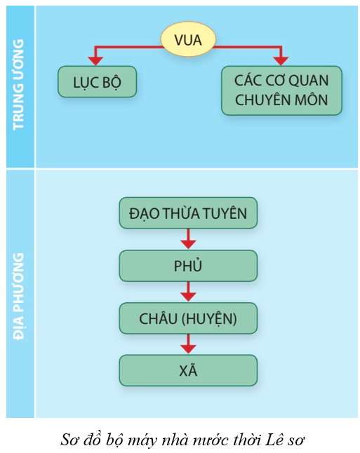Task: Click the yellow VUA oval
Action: pos(188,39)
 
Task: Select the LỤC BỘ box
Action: pos(97,82)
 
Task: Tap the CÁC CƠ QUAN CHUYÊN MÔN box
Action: pos(281,90)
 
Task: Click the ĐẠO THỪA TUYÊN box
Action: pos(188,213)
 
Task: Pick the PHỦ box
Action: pos(188,266)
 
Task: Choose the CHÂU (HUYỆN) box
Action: pos(188,318)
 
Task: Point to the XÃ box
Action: pos(188,371)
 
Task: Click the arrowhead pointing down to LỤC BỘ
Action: pos(95,61)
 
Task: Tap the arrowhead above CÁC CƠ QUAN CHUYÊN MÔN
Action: pos(281,61)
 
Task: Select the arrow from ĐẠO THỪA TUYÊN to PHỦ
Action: pos(188,239)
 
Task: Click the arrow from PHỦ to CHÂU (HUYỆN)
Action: pos(188,292)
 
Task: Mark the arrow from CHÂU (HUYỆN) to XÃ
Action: pos(188,344)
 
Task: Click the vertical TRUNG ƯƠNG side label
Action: pos(18,84)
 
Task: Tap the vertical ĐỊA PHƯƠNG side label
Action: pos(18,296)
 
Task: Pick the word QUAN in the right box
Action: pos(309,81)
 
